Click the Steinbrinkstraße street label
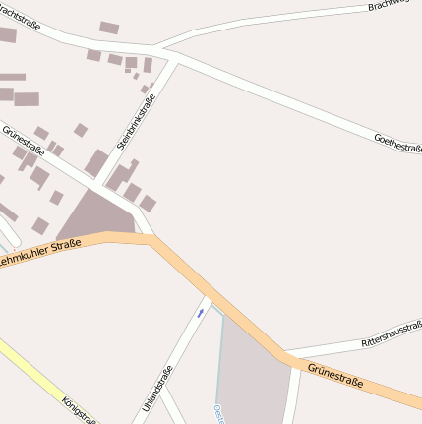137,127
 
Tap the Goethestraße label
398,143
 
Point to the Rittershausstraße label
392,333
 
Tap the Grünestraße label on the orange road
335,375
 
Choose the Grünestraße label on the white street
24,143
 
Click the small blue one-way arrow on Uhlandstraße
200,312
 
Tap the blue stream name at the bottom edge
218,413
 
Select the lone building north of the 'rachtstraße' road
108,28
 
